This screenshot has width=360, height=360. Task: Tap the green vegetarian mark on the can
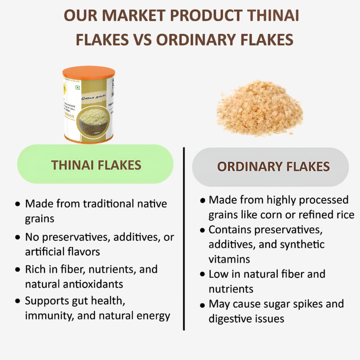tap(78, 88)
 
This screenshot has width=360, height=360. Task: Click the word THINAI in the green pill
tap(72, 165)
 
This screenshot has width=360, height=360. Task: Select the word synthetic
tap(302, 244)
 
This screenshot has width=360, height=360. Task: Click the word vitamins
tap(229, 259)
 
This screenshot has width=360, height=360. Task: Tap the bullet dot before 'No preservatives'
tap(18, 238)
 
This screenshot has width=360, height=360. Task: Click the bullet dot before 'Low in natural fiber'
tap(202, 274)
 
